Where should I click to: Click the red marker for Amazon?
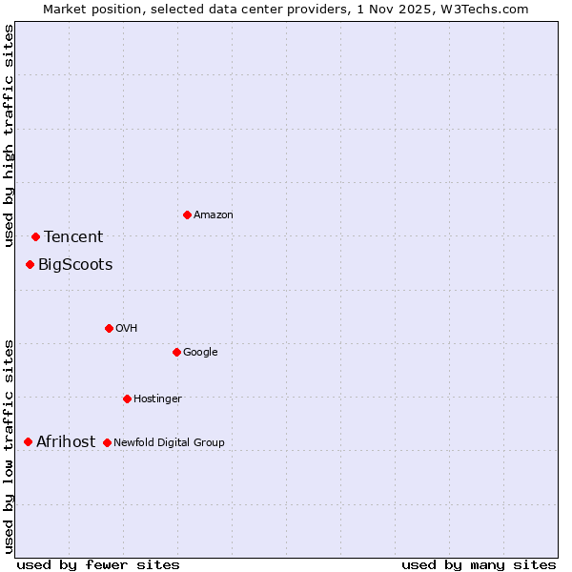coord(187,214)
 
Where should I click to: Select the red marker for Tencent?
coord(35,236)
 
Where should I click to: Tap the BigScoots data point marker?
coord(30,264)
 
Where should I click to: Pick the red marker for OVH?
coord(109,328)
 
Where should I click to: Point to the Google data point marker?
coord(176,352)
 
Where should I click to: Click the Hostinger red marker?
coord(127,398)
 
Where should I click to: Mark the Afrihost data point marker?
coord(28,441)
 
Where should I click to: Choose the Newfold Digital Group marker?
coord(107,442)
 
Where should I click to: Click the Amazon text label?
coord(214,215)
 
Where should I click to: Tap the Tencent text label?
coord(73,237)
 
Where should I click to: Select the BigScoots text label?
coord(75,265)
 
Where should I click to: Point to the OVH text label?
coord(127,329)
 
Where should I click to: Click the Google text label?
coord(200,353)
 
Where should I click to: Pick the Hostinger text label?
coord(157,399)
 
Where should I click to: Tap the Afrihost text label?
coord(66,442)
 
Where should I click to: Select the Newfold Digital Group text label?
coord(169,443)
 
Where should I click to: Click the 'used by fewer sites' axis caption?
coord(98,565)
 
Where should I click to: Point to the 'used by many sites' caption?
coord(479,565)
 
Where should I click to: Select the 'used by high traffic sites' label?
coord(9,135)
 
